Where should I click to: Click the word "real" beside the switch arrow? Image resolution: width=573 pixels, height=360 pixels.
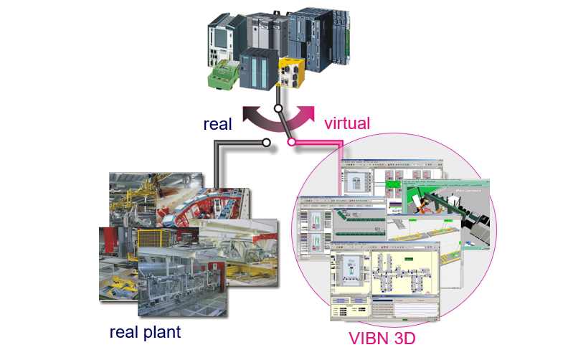pos(217,123)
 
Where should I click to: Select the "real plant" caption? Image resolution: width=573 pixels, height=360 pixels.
pos(145,333)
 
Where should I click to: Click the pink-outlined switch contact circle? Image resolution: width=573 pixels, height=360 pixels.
pos(292,143)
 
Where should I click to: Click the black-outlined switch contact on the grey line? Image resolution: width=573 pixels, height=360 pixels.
pos(266,143)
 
